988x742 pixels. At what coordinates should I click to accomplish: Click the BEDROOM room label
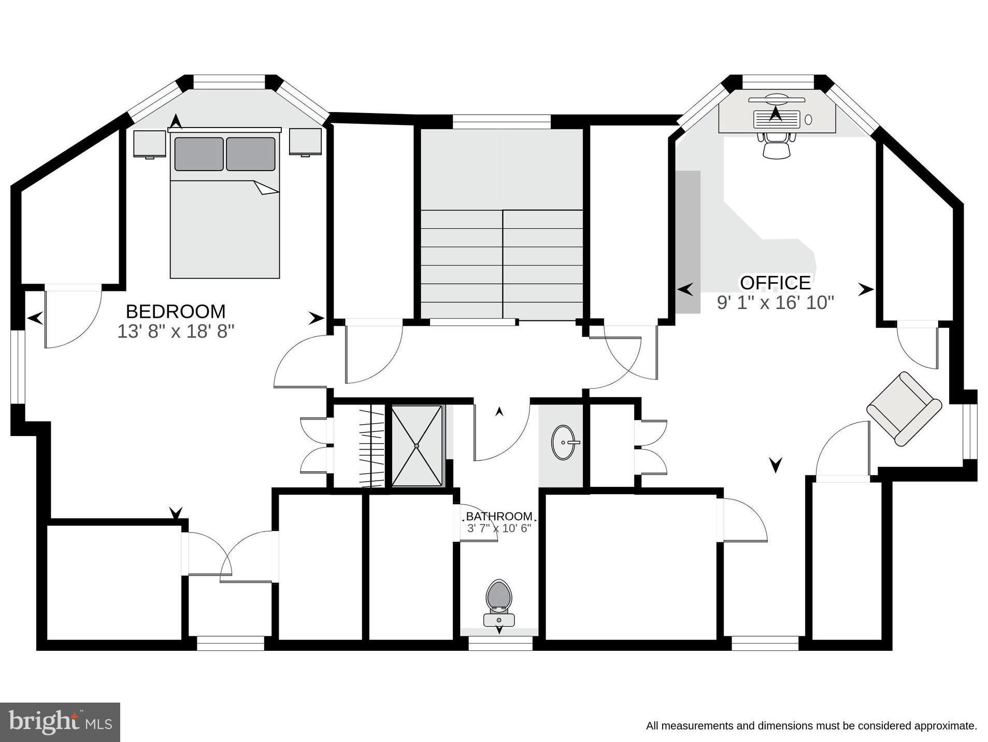tap(176, 312)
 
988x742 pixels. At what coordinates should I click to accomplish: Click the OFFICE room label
tap(775, 283)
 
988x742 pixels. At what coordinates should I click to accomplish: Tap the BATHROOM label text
tap(498, 516)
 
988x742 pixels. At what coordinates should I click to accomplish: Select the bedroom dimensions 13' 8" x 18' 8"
tap(176, 331)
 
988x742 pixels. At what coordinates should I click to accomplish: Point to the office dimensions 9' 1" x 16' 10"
tap(775, 302)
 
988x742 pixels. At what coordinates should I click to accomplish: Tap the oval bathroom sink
tap(564, 442)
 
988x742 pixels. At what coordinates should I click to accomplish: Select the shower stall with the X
tap(417, 446)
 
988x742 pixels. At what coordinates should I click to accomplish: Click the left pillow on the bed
tap(199, 154)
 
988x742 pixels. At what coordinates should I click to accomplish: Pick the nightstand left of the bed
tap(149, 144)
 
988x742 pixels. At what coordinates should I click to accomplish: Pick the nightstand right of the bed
tap(305, 142)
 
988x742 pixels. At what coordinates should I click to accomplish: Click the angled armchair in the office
tap(904, 409)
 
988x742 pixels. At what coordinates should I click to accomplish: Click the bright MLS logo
tap(60, 722)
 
